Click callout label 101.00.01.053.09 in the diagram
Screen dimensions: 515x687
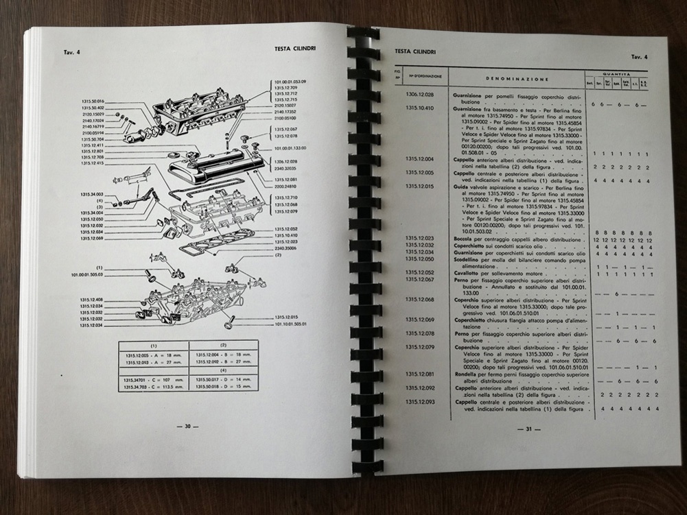(290, 82)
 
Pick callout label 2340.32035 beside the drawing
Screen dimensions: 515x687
(286, 167)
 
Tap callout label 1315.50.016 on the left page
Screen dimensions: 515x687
(93, 101)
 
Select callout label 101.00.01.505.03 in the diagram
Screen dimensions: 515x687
(86, 274)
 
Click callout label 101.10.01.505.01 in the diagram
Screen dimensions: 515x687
(290, 324)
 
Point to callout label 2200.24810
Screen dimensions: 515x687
(286, 185)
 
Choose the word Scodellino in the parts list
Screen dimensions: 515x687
(469, 260)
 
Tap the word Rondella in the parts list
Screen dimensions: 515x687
(467, 374)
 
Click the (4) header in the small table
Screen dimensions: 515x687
(223, 370)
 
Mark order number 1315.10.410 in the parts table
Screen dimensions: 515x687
(419, 108)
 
